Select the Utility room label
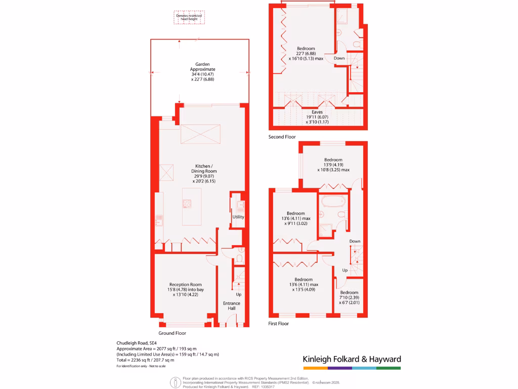pyautogui.click(x=238, y=217)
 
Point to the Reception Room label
pyautogui.click(x=185, y=289)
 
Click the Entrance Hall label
pyautogui.click(x=232, y=306)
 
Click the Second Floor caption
pyautogui.click(x=282, y=137)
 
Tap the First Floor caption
pyautogui.click(x=278, y=323)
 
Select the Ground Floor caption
pyautogui.click(x=172, y=333)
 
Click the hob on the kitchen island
pyautogui.click(x=187, y=204)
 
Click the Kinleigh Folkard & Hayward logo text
pyautogui.click(x=352, y=359)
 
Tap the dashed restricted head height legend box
pyautogui.click(x=188, y=18)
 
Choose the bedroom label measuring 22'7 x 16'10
pyautogui.click(x=306, y=53)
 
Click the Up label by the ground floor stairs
pyautogui.click(x=238, y=294)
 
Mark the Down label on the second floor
pyautogui.click(x=339, y=58)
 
